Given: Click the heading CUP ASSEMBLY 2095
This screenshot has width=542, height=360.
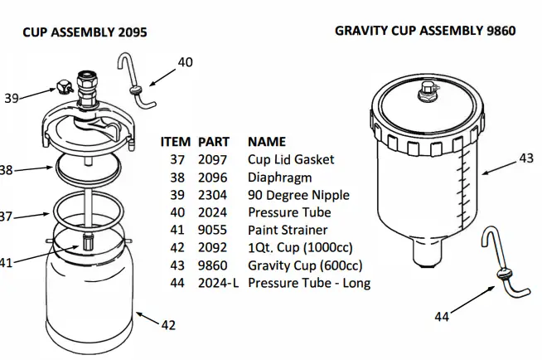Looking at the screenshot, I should (85, 32).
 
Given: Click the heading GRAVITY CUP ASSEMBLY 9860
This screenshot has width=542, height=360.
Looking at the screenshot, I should (425, 31).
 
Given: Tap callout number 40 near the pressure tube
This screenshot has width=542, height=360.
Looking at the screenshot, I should (185, 62).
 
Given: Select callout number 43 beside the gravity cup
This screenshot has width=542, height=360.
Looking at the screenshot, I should (526, 158).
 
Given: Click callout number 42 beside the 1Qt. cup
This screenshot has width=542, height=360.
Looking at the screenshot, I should (168, 325).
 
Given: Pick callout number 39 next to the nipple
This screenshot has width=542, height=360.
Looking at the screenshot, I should (11, 98).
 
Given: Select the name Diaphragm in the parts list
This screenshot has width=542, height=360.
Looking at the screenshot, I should (279, 177).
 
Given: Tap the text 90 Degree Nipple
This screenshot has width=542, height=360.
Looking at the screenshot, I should (298, 195).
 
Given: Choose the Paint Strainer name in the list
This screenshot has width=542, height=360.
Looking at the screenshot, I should (288, 230).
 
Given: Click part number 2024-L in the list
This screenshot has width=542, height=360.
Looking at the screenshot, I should (217, 284).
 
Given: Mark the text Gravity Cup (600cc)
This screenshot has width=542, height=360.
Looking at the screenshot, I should (305, 265).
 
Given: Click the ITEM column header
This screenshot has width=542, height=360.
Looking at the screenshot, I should (175, 141).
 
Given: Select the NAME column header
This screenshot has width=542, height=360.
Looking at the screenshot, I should (266, 141).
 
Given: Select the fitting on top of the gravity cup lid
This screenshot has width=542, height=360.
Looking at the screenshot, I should (428, 89).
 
